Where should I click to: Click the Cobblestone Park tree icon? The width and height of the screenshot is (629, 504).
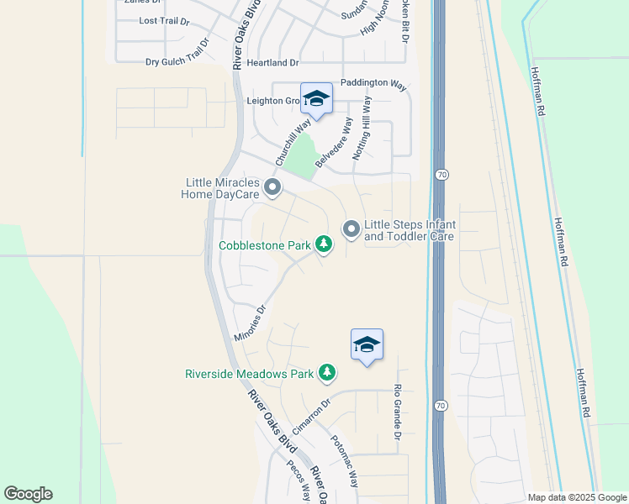point(323,244)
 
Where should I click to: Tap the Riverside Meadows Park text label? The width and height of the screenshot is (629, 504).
point(249,373)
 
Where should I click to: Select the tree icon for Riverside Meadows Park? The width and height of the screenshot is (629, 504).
point(327,372)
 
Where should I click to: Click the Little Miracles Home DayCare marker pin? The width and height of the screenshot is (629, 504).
point(272,186)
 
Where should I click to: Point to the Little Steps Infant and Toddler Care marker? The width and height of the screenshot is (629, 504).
point(351,228)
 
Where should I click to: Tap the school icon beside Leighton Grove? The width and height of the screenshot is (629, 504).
point(316,99)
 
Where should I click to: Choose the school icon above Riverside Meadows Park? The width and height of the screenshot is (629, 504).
point(367,344)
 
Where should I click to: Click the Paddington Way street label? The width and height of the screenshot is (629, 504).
point(373,85)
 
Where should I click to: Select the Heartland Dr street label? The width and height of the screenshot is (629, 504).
point(271,63)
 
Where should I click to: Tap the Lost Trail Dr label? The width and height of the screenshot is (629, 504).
point(166,20)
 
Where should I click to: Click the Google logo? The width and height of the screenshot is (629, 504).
point(28,494)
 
